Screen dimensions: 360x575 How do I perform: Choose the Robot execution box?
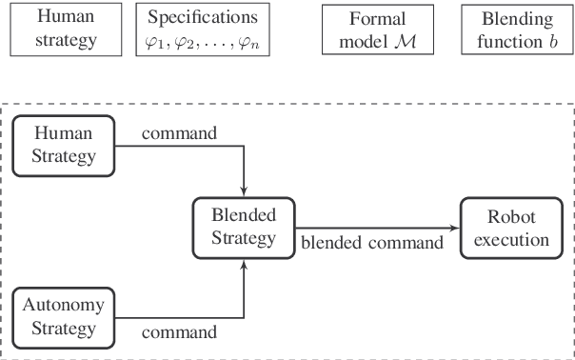tap(511, 227)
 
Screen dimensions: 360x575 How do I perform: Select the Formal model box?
tap(377, 30)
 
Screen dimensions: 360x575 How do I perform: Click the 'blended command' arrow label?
tap(372, 243)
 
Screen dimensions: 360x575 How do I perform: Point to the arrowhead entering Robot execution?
tap(455, 227)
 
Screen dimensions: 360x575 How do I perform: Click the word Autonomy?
tap(65, 308)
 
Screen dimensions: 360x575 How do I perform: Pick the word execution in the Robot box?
tap(511, 238)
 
